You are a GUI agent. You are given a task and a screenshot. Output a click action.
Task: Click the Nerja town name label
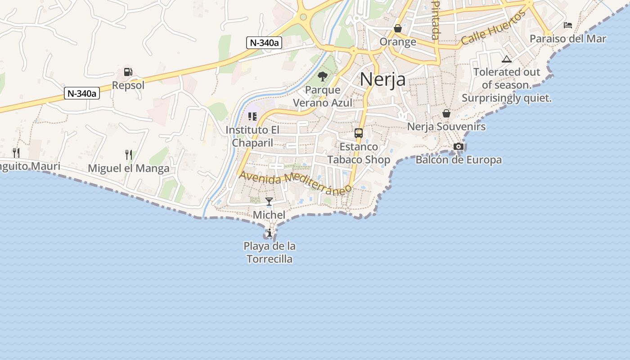[x=382, y=80]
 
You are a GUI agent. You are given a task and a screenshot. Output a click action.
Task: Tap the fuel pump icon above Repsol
[x=128, y=72]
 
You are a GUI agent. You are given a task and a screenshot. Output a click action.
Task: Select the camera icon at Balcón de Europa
[x=459, y=146]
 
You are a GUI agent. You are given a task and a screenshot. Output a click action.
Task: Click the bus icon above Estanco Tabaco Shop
[x=359, y=133]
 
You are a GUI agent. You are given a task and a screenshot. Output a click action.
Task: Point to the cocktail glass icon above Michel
[x=269, y=201]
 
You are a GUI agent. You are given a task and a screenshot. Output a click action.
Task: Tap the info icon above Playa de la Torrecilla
[x=269, y=233]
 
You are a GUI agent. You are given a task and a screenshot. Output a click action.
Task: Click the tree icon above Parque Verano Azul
[x=322, y=76]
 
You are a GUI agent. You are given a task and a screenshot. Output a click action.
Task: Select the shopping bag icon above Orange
[x=398, y=28]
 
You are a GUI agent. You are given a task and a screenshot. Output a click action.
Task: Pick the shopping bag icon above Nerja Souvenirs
[x=446, y=113]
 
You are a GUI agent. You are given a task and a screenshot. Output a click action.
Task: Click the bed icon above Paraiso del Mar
[x=568, y=25]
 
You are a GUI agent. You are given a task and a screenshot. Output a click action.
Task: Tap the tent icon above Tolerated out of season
[x=507, y=59]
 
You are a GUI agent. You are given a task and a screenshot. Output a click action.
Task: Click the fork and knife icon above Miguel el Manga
[x=129, y=155]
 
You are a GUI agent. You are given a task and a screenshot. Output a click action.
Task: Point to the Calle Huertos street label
[x=494, y=28]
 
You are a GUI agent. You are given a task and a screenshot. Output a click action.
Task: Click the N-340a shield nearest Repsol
[x=82, y=94]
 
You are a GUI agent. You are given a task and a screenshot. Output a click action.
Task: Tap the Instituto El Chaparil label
[x=252, y=136]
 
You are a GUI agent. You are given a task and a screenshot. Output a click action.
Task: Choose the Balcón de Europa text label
[x=459, y=160]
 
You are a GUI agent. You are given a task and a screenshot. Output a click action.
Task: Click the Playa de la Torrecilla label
[x=270, y=252]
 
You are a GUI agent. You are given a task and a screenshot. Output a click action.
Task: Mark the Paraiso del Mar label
[x=568, y=39]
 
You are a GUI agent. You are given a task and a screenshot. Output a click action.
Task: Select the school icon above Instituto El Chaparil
[x=252, y=117]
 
